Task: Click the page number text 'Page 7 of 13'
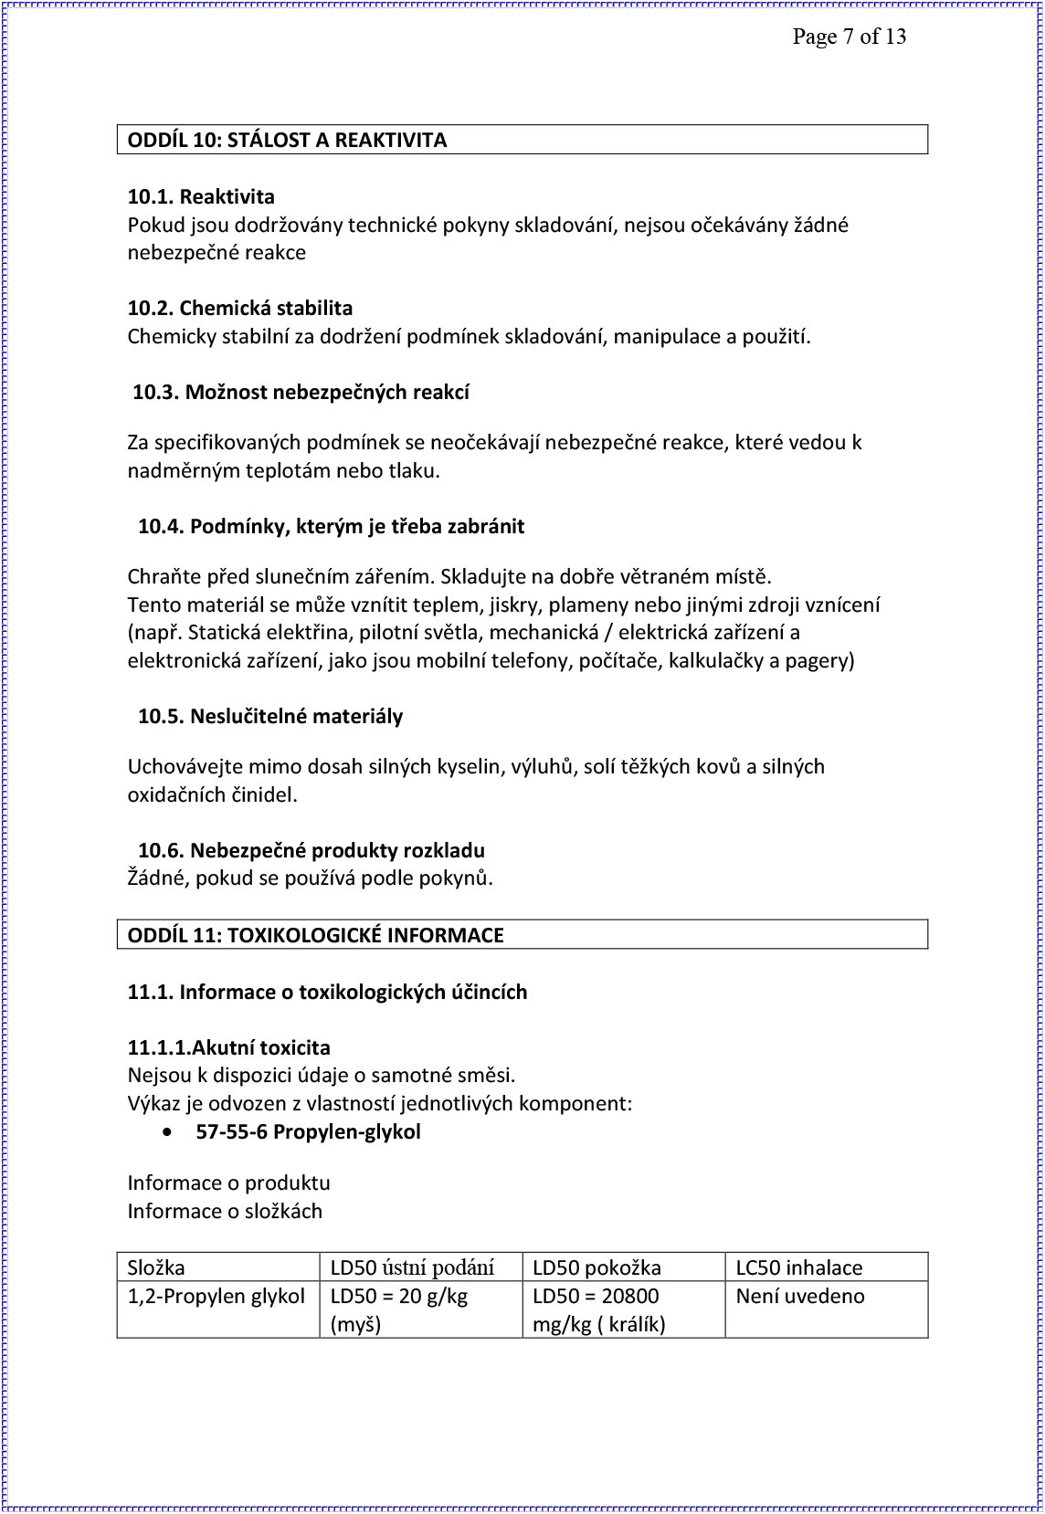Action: (849, 37)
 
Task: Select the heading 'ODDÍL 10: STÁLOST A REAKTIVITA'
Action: (287, 140)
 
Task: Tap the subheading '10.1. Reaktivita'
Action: (201, 196)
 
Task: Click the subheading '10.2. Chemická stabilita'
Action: (240, 308)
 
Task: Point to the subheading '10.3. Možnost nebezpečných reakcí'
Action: (301, 392)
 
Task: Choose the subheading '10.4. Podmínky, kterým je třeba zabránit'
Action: (331, 526)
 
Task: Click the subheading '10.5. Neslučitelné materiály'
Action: (269, 716)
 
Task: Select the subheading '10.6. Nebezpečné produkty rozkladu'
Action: (311, 850)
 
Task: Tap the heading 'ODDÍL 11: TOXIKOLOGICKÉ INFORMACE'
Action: (315, 935)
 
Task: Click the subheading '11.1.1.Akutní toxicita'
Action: (229, 1047)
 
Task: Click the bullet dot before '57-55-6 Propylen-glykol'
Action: (167, 1132)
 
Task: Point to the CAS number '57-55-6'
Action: (231, 1131)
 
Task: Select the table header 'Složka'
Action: (156, 1267)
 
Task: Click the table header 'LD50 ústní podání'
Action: (412, 1267)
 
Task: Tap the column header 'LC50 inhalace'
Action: (799, 1267)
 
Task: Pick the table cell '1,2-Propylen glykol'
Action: (216, 1296)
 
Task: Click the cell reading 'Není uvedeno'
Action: (800, 1296)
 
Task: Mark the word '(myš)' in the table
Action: (355, 1324)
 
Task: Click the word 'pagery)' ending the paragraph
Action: (820, 660)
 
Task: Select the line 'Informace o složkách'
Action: (225, 1211)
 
